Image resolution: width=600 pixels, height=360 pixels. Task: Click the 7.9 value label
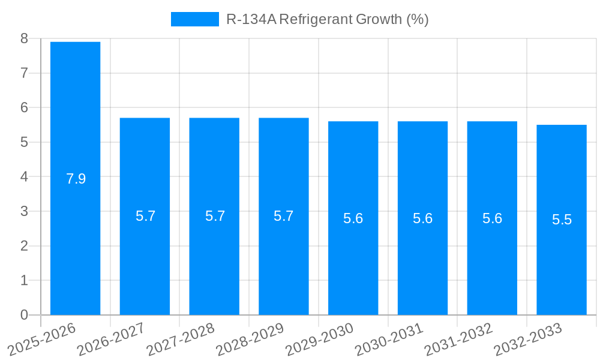76,179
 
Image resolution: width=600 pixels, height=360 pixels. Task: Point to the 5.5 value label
562,220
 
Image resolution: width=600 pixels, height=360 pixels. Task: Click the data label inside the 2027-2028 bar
215,216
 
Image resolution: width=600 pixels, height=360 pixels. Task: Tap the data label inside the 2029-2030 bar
353,218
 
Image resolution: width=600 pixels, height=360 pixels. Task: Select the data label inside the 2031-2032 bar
492,218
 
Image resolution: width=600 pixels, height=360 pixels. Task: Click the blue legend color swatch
194,19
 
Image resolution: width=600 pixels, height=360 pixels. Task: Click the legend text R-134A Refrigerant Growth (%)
327,19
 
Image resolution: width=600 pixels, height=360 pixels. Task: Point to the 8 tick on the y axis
24,38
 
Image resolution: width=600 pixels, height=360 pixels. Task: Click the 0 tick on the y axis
24,315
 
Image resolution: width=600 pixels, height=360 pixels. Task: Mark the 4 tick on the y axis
24,177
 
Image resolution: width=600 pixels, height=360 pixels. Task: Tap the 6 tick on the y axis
24,108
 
